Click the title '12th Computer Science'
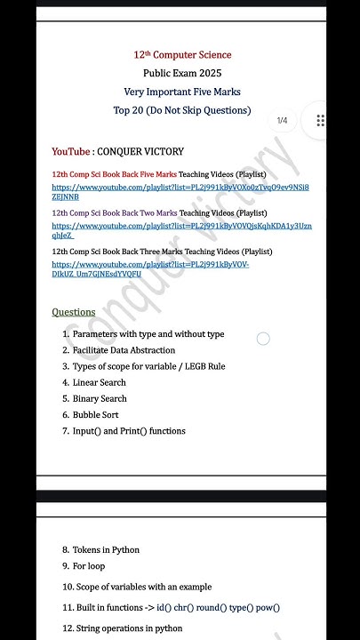(182, 55)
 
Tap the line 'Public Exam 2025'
(182, 73)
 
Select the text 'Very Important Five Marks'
(182, 92)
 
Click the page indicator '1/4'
(282, 120)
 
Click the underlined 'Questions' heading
(73, 312)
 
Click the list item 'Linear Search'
(100, 382)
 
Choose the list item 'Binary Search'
(100, 398)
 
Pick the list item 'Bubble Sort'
(97, 414)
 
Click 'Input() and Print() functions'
(129, 431)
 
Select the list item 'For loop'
(89, 565)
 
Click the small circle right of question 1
(263, 339)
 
